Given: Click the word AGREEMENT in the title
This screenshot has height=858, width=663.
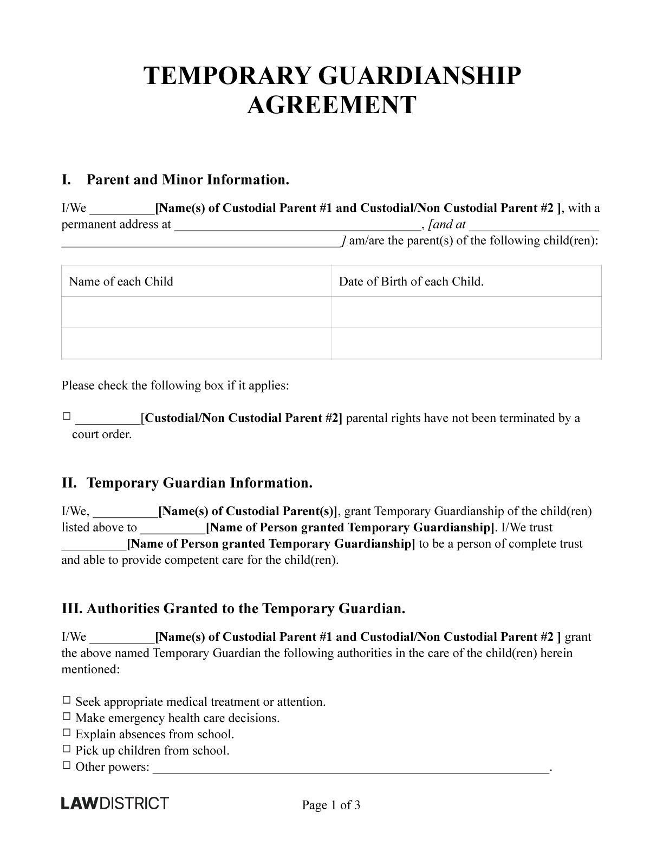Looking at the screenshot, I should tap(331, 105).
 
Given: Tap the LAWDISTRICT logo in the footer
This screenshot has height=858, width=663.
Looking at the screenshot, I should tap(115, 803).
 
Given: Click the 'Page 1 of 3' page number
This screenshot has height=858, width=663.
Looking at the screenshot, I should tap(331, 805).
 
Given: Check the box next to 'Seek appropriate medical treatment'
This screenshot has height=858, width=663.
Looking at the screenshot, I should tap(66, 700).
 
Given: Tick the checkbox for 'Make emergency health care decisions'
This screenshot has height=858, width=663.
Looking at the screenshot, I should tap(66, 716).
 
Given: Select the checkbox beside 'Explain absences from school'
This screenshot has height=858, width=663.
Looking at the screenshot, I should tap(66, 732).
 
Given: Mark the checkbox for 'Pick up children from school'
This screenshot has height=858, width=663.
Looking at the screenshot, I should tap(66, 749).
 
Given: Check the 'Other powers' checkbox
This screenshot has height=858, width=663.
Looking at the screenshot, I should tap(66, 765).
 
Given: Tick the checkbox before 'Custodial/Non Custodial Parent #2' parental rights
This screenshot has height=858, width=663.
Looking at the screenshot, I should tap(66, 416).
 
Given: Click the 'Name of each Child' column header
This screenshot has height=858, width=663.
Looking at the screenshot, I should tap(121, 281).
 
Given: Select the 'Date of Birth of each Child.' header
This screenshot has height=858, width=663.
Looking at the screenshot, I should tap(411, 281).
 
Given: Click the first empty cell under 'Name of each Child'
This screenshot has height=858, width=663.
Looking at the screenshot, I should tap(196, 312).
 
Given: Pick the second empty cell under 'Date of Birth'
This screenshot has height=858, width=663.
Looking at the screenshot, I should tap(466, 343).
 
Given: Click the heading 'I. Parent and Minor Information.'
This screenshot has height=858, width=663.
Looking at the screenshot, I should tap(175, 180).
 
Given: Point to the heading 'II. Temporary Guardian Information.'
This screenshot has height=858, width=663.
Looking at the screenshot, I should tap(187, 483).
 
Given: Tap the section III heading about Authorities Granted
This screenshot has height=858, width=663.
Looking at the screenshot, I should tap(233, 608).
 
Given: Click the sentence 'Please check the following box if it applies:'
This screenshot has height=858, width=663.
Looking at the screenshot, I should tap(175, 386).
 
